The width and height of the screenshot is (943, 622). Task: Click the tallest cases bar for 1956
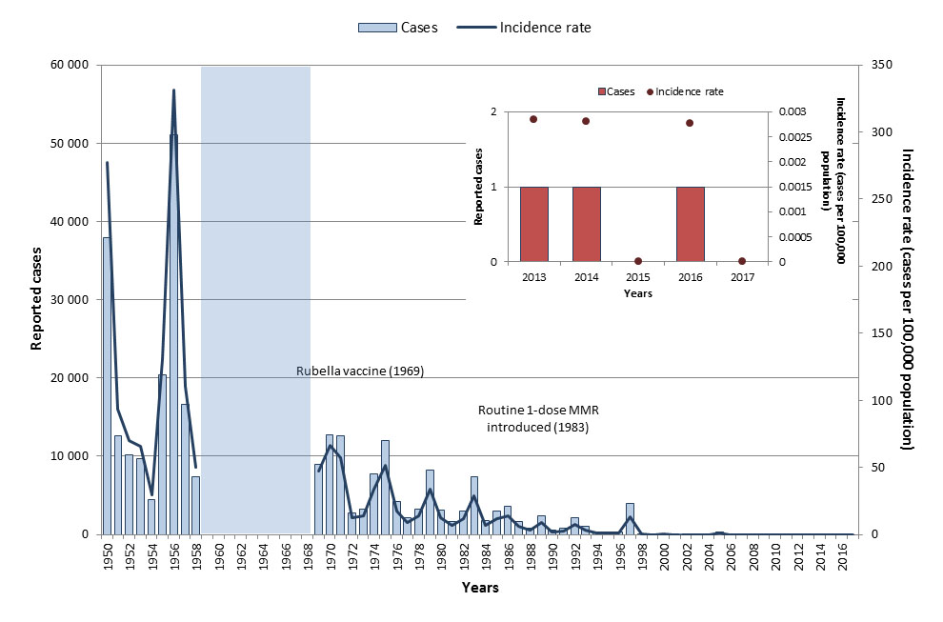click(x=173, y=333)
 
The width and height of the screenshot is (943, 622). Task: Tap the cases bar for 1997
click(x=630, y=518)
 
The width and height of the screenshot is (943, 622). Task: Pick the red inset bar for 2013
click(x=533, y=224)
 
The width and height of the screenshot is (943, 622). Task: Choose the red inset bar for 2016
click(x=690, y=224)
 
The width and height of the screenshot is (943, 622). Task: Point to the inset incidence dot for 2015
click(x=638, y=261)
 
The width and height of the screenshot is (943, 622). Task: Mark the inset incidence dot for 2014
click(x=586, y=121)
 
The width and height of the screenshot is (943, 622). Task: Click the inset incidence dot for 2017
click(x=742, y=261)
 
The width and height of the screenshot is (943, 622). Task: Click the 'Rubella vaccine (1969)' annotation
click(x=359, y=371)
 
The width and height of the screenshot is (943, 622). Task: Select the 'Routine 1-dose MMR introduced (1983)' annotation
click(x=537, y=419)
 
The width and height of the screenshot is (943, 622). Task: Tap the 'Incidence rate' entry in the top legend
click(x=545, y=28)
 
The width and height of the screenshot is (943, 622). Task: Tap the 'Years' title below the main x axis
click(x=480, y=589)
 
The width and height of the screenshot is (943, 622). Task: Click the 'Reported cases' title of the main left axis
click(x=36, y=298)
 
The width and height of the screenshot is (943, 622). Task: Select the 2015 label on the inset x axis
click(x=638, y=278)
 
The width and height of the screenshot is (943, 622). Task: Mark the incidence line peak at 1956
click(x=173, y=90)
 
